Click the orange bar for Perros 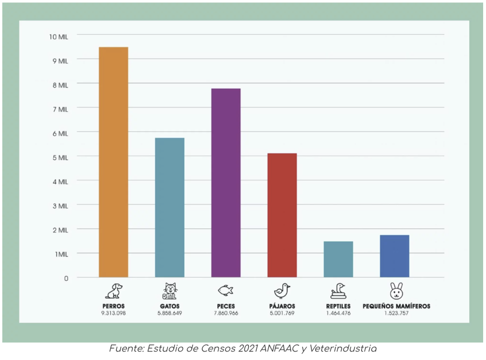113,162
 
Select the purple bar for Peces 226,183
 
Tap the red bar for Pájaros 282,215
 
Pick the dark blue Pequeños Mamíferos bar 394,256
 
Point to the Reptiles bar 338,259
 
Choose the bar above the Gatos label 169,207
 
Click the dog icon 113,290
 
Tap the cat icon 169,290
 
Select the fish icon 225,290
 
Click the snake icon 338,290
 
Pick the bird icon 282,290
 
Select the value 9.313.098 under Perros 113,314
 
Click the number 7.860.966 225,314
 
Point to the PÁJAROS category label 282,306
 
